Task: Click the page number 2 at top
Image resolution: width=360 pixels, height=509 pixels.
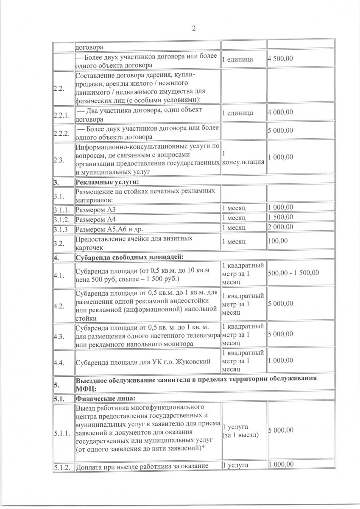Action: (194, 29)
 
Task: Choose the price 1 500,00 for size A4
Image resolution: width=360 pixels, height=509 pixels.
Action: (280, 217)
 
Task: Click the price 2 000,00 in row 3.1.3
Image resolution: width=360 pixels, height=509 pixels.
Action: (280, 227)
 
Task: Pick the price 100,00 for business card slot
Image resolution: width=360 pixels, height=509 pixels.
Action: (276, 241)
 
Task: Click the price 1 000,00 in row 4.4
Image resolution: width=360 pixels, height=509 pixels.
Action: (280, 361)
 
